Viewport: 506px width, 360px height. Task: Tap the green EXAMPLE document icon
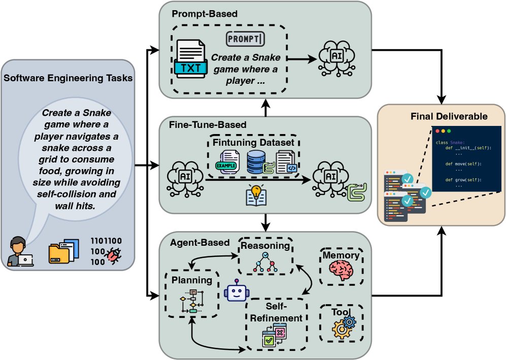pyautogui.click(x=228, y=159)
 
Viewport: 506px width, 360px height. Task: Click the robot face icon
pyautogui.click(x=237, y=291)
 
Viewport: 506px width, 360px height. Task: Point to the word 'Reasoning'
pyautogui.click(x=265, y=246)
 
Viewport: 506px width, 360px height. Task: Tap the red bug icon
pyautogui.click(x=112, y=257)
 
